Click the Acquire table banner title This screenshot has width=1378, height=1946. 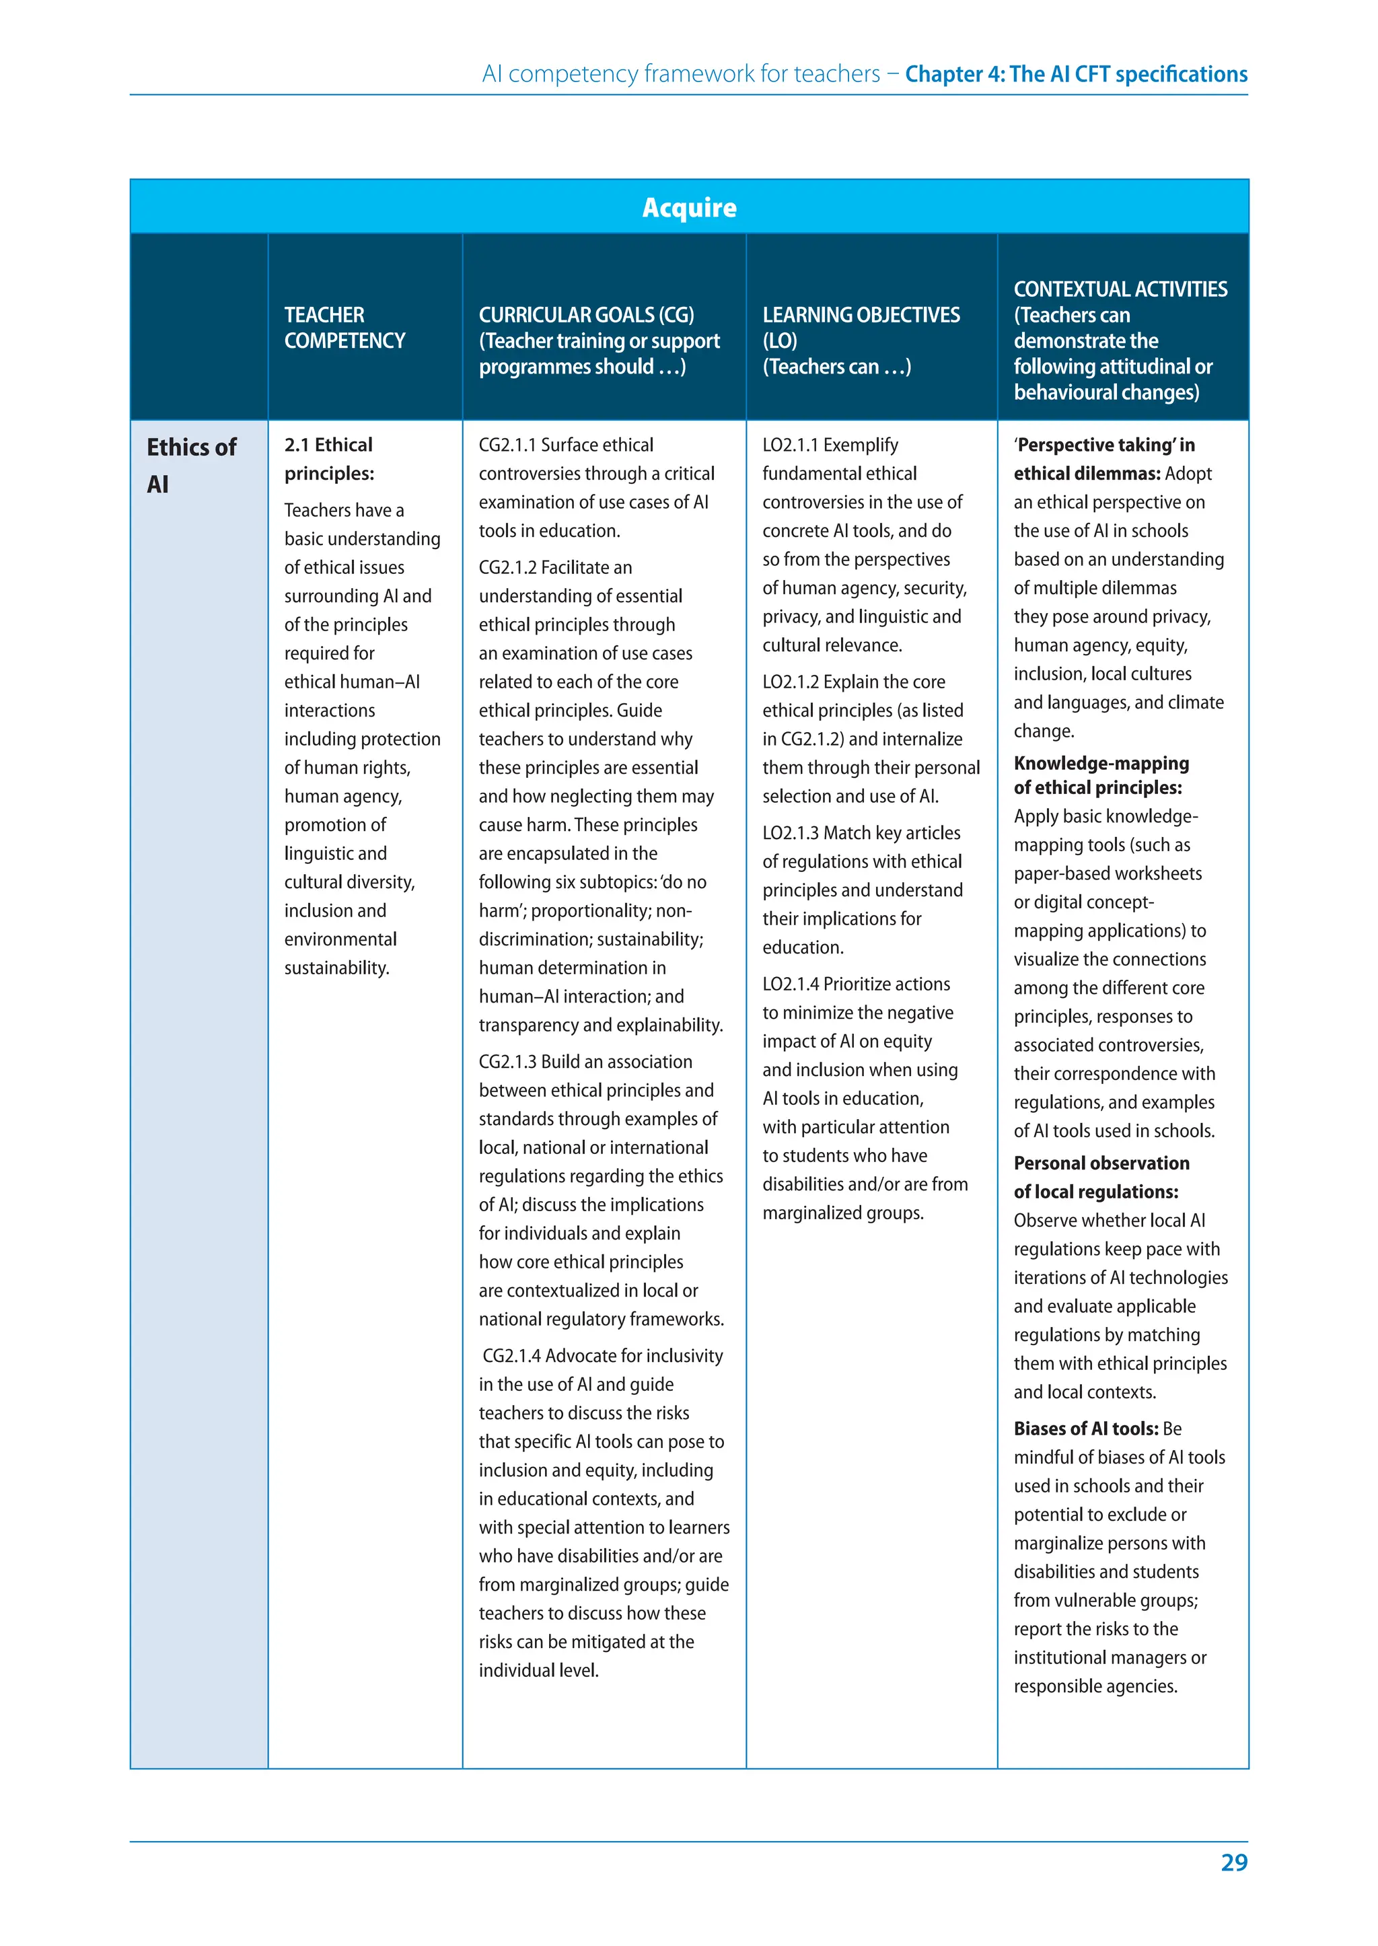tap(689, 207)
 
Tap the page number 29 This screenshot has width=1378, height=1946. tap(1234, 1862)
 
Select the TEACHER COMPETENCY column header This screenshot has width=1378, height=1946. tap(344, 328)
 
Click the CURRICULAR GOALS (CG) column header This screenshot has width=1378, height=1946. tap(598, 340)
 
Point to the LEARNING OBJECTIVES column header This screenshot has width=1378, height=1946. tap(861, 340)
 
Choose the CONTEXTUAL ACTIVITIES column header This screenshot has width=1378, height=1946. tap(1120, 340)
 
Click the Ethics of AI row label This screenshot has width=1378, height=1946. tap(191, 465)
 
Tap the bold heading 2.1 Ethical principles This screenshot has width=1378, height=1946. tap(329, 458)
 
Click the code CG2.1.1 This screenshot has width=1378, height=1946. tap(507, 445)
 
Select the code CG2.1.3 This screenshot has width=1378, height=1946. tap(507, 1062)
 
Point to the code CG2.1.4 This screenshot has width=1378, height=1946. tap(511, 1355)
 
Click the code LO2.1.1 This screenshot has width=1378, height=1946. tap(790, 445)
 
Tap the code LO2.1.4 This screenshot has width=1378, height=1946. tap(790, 984)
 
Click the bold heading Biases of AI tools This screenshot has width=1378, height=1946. tap(1085, 1429)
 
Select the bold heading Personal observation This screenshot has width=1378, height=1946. tap(1101, 1163)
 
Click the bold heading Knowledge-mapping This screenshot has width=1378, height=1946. tap(1101, 763)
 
